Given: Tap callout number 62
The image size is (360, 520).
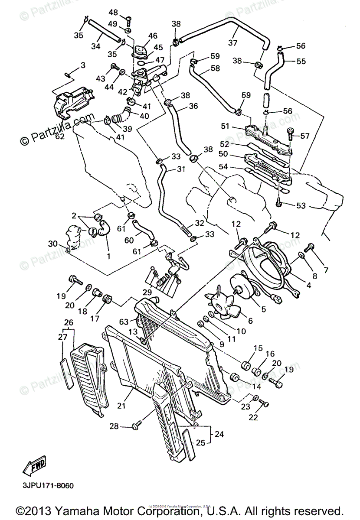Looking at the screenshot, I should (x=59, y=136).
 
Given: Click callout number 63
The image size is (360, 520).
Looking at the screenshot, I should (x=124, y=322).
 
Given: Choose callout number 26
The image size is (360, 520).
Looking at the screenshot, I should (x=69, y=322).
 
